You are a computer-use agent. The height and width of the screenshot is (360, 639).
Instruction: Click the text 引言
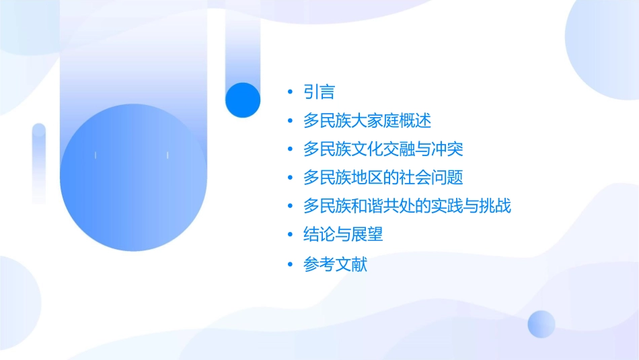tap(319, 92)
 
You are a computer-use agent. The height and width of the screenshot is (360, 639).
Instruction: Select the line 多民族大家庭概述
tap(367, 121)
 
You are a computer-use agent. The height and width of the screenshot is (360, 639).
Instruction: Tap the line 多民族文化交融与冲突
tap(383, 149)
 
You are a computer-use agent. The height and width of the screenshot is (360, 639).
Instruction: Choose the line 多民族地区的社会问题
tap(383, 178)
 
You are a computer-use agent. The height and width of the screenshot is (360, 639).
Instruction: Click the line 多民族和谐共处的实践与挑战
tap(407, 206)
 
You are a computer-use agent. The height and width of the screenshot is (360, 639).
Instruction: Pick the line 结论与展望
tap(343, 235)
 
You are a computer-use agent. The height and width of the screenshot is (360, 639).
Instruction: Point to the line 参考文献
tap(335, 264)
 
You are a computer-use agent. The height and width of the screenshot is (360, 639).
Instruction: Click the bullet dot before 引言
tap(290, 92)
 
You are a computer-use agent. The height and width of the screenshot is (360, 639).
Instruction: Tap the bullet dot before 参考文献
tap(290, 264)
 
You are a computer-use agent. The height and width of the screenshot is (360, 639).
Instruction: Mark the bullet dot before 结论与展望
tap(290, 235)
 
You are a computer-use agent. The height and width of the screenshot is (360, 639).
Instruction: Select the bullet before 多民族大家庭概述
tap(290, 121)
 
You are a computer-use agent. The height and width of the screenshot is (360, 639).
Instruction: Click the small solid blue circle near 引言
tap(243, 100)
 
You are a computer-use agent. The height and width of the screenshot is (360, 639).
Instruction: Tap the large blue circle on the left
tap(133, 178)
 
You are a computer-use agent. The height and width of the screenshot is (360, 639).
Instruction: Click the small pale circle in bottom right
tap(541, 324)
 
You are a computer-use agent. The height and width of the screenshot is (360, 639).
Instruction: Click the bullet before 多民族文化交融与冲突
tap(290, 149)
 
